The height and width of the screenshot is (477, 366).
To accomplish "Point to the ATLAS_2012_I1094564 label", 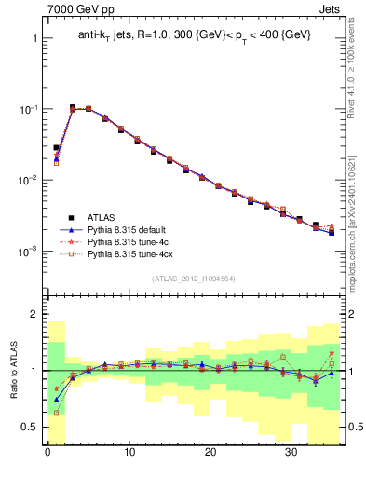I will (194, 278).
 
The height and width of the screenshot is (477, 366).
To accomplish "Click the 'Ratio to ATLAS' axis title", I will (12, 371).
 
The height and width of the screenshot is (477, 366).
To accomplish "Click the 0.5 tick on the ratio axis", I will (30, 427).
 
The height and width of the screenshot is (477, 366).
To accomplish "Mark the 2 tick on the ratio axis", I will (34, 315).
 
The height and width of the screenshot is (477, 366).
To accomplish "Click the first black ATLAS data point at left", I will (56, 147).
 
